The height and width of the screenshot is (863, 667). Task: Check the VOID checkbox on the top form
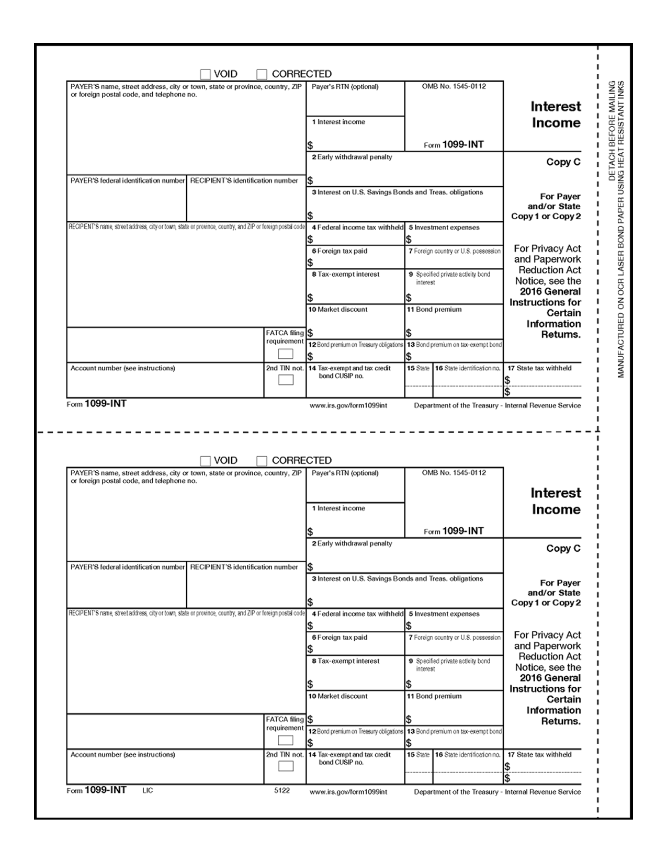tap(206, 74)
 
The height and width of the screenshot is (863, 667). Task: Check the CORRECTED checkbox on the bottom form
tap(262, 461)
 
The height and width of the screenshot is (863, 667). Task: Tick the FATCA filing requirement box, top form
tap(285, 354)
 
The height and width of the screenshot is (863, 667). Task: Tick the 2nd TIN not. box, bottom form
tap(285, 766)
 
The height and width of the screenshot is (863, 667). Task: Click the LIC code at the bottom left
tap(148, 790)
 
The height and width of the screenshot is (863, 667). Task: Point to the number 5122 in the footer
tap(282, 790)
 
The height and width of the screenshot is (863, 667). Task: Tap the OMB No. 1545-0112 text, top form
tap(454, 86)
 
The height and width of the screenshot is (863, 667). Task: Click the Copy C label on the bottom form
tap(563, 548)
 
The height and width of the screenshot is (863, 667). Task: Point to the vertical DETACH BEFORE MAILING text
tap(612, 131)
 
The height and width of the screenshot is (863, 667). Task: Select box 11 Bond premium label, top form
tap(434, 310)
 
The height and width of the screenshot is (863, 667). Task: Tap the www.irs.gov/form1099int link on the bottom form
tap(348, 792)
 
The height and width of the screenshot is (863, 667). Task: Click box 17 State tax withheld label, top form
tap(539, 368)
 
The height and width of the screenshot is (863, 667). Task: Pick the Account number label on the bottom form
tap(122, 755)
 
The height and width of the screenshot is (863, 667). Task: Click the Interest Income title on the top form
tap(556, 115)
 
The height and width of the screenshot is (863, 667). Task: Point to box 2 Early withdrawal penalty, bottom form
tap(352, 543)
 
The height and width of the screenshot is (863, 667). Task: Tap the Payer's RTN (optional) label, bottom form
tap(345, 473)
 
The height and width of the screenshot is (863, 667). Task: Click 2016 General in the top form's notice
tap(550, 291)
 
